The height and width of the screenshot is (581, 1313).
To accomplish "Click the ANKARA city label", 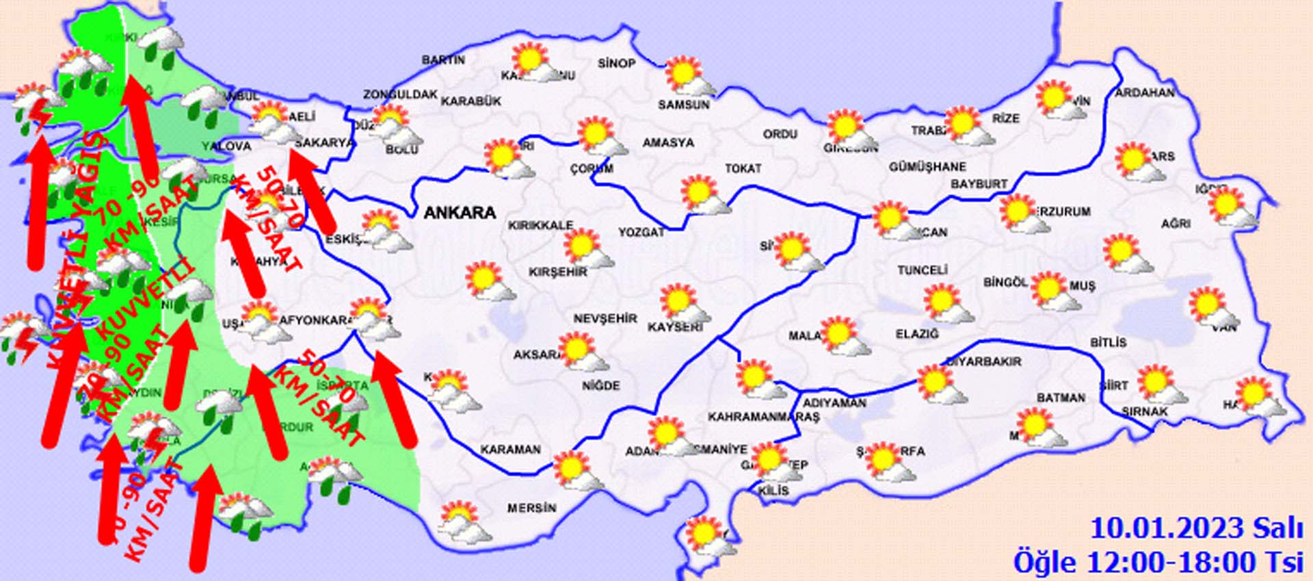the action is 460,213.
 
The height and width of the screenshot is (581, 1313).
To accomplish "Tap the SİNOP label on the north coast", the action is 616,64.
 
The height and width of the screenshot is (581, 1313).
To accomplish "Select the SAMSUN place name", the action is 683,105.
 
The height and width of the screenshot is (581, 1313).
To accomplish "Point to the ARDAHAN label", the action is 1145,92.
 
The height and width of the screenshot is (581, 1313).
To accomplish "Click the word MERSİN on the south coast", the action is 531,508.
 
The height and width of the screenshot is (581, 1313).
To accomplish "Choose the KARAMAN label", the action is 510,450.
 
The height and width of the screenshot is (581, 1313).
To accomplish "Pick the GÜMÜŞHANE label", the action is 927,167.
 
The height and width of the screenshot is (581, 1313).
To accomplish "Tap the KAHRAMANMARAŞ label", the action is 763,417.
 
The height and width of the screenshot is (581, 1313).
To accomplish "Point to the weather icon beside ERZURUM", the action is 1020,213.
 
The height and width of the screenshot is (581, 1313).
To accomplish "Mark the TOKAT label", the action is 743,168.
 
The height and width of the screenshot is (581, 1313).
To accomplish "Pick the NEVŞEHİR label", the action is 605,319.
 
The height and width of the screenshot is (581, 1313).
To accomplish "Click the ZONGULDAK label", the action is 400,94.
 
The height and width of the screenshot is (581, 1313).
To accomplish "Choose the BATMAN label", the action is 1061,398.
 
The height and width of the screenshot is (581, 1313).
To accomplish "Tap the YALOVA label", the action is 226,146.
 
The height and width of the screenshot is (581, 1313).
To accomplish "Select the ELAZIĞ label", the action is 917,334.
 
